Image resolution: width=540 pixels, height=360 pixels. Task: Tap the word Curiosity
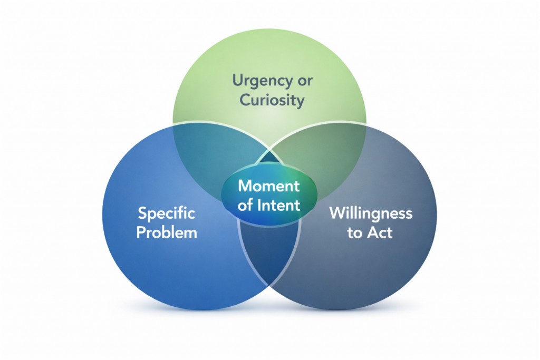(272, 100)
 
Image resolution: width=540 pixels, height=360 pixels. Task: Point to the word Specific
(166, 214)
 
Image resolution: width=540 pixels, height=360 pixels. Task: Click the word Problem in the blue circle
(167, 232)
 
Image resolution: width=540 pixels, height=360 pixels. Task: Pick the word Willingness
(370, 214)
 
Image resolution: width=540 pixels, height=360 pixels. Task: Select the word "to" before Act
(354, 232)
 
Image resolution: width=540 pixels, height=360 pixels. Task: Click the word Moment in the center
(269, 186)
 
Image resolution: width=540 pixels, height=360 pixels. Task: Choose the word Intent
(279, 205)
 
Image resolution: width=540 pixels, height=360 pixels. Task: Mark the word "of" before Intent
(245, 205)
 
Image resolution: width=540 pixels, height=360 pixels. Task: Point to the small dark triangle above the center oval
(269, 158)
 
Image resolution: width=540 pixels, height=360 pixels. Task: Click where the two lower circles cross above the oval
(269, 150)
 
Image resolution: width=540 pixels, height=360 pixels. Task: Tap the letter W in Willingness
(336, 213)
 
